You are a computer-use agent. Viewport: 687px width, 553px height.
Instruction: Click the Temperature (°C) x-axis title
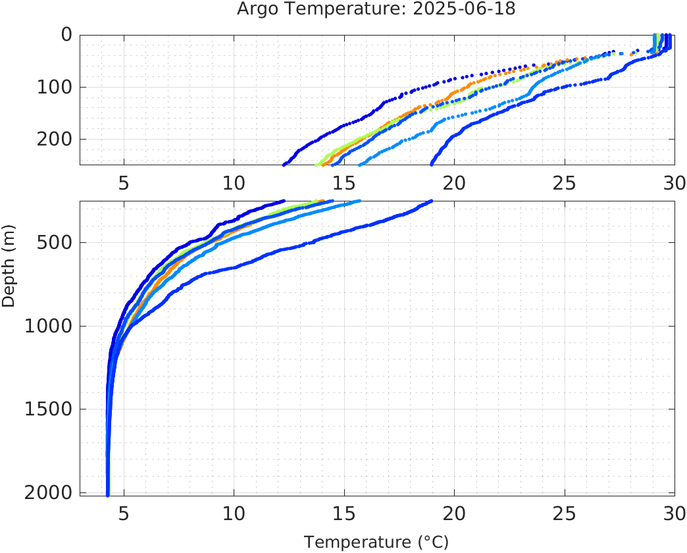click(x=376, y=542)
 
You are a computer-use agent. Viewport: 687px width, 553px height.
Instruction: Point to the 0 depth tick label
click(x=66, y=34)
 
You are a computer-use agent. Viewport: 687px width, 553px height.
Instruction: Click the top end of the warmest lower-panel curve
click(x=431, y=201)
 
